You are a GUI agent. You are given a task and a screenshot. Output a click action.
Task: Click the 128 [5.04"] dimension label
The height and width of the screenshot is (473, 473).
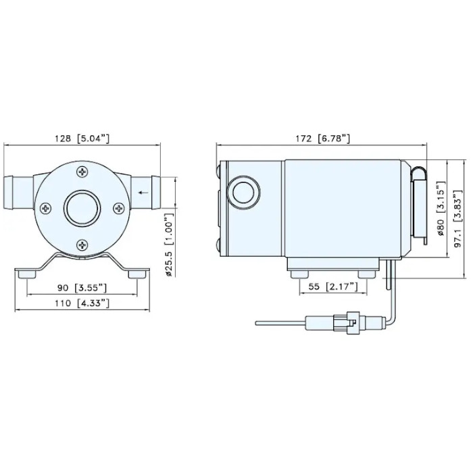pos(82,139)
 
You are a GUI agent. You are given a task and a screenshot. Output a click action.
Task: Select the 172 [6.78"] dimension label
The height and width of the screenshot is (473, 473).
pos(324,139)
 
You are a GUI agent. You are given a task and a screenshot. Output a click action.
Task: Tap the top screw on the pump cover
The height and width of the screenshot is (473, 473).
pos(82,174)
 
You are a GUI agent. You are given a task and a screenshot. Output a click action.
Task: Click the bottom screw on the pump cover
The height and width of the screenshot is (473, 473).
pos(82,244)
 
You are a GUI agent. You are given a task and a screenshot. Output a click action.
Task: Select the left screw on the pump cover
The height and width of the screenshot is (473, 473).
pos(46,208)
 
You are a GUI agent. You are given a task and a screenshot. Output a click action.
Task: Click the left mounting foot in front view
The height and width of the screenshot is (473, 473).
pos(26,272)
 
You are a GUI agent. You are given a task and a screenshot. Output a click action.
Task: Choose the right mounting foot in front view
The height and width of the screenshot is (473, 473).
pos(137,272)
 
